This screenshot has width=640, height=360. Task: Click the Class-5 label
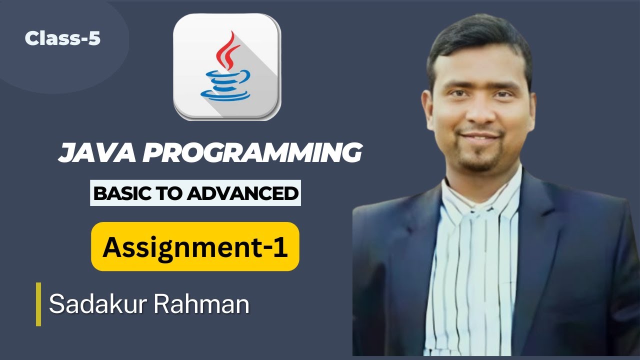pos(62,38)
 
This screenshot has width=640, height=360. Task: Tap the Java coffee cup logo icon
pos(227,67)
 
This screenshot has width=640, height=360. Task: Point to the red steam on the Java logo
pos(227,50)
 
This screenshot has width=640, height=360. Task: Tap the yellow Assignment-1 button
pos(195,246)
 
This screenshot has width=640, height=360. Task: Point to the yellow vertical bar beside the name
pos(38,304)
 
